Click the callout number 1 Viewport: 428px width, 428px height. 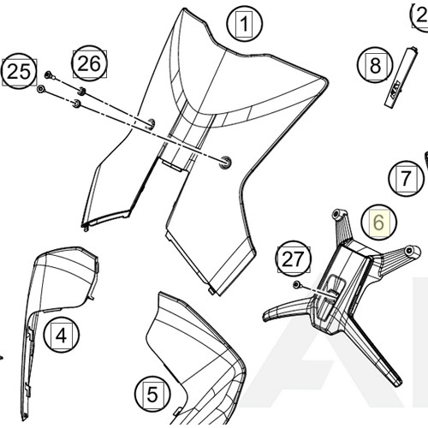245,24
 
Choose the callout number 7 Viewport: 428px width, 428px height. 406,180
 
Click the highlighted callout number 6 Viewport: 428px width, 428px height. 379,223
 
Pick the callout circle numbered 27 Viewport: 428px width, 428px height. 294,258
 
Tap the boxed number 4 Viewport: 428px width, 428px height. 61,335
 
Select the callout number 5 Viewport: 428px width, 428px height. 152,395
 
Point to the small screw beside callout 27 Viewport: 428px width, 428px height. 296,284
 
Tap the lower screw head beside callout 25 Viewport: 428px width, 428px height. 41,89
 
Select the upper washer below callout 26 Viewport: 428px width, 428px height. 81,90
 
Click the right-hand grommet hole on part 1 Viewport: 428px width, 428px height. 226,162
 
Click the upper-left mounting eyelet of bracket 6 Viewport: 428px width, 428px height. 337,211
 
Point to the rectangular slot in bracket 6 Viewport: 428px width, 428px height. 336,284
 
